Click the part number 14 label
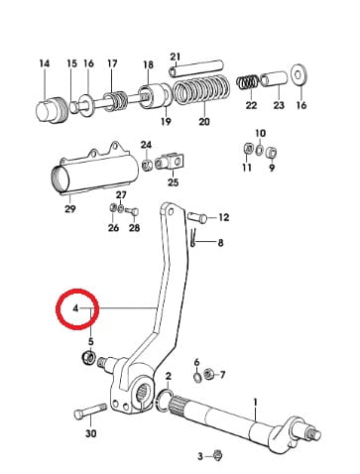click(x=45, y=63)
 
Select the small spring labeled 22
click(x=248, y=82)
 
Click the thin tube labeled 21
click(x=196, y=67)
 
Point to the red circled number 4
click(x=76, y=308)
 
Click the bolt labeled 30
click(x=90, y=411)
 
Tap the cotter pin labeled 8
click(x=193, y=238)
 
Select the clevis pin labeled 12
click(x=197, y=217)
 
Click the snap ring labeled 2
click(x=165, y=401)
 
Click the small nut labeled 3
click(x=217, y=455)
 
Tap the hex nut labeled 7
click(x=208, y=375)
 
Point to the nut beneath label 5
click(x=88, y=358)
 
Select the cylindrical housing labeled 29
click(x=94, y=173)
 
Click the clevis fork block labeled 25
click(x=171, y=162)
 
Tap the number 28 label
click(x=134, y=228)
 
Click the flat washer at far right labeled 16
click(x=300, y=74)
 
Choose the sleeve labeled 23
click(x=275, y=80)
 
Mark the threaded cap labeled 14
click(x=52, y=110)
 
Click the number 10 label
click(x=261, y=133)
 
